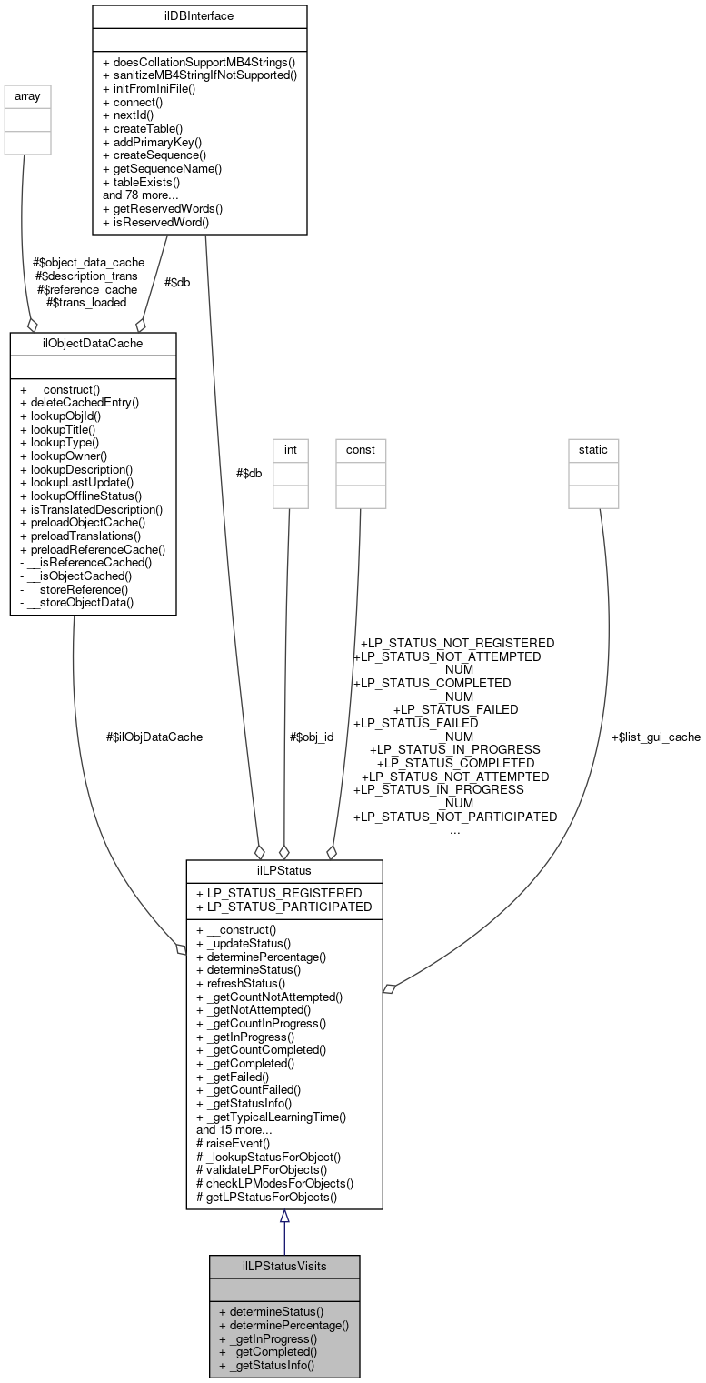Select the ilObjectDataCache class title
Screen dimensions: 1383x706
coord(93,343)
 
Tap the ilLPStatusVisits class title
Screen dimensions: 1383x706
coord(283,1266)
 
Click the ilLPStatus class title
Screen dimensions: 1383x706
coord(283,870)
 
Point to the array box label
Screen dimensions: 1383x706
coord(27,95)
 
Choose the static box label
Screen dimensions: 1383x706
coord(593,449)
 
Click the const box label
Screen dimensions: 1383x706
coord(360,449)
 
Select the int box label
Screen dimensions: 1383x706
coord(290,449)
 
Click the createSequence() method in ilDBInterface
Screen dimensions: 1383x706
coord(160,155)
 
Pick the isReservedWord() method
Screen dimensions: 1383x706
coord(155,221)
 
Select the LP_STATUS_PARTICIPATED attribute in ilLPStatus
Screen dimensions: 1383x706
coord(283,907)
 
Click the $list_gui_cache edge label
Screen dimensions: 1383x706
coord(655,737)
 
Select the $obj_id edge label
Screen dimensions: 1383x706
coord(312,737)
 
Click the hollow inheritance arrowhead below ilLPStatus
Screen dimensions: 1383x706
coord(284,1218)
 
